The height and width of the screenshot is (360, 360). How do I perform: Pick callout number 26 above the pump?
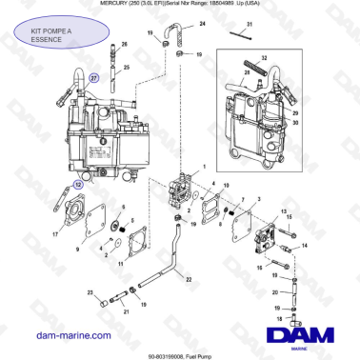click(124, 45)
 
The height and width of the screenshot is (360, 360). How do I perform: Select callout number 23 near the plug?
click(90, 292)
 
